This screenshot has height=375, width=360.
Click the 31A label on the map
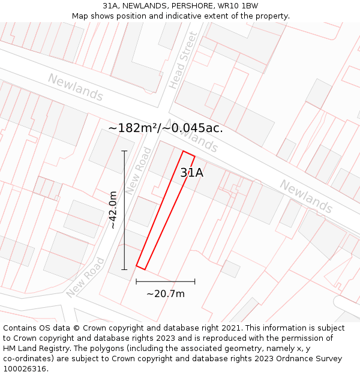click(x=192, y=173)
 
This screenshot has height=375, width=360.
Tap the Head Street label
click(x=183, y=60)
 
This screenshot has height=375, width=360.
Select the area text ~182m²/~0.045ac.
click(x=166, y=128)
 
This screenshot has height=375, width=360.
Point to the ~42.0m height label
click(x=113, y=210)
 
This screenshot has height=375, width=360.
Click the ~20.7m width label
click(x=166, y=293)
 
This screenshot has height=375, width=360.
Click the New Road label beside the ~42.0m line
click(x=139, y=171)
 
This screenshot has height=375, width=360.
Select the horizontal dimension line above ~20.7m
click(x=166, y=281)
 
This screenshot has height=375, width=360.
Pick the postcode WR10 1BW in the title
click(x=238, y=5)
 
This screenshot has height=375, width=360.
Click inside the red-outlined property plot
click(x=165, y=210)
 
